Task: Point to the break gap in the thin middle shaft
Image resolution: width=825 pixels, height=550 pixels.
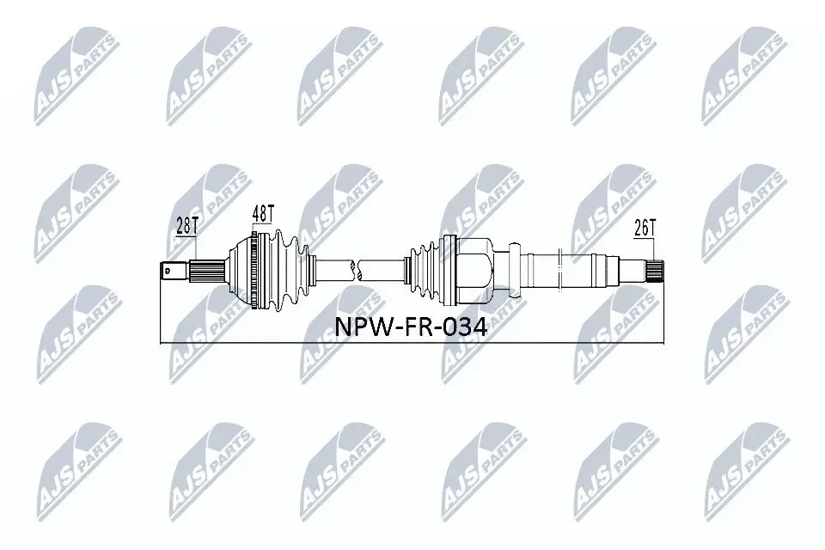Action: (357, 268)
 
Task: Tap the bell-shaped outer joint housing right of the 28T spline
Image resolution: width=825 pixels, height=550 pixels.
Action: (235, 269)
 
